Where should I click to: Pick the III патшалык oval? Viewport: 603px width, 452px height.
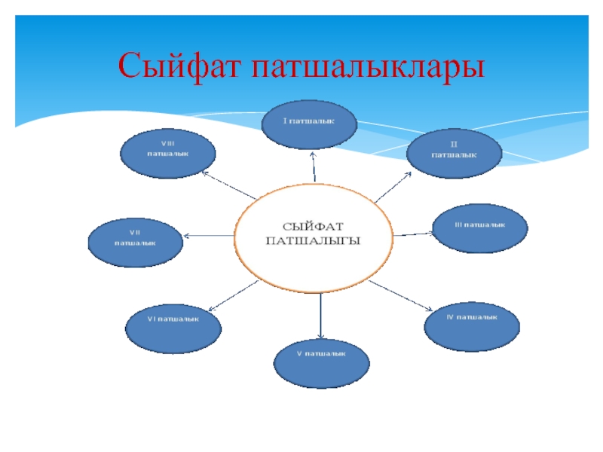[479, 230]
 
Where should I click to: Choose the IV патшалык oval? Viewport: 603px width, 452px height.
[472, 322]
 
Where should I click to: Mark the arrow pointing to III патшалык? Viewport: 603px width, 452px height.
[412, 234]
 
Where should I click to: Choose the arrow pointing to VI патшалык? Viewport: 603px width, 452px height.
[232, 295]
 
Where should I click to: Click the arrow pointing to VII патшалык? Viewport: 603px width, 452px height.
[210, 237]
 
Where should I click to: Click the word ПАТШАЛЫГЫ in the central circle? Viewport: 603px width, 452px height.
[314, 241]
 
